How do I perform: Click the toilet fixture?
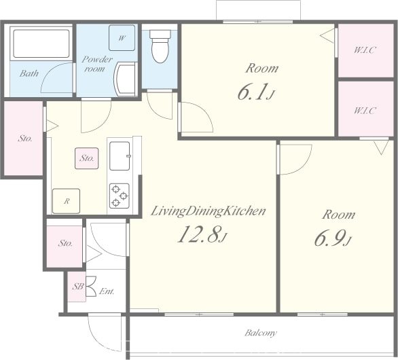[160, 46]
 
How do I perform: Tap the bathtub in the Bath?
[41, 43]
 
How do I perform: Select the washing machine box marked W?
[122, 38]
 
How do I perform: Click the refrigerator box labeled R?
[67, 201]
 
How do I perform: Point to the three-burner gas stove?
[120, 196]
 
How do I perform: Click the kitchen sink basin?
[120, 156]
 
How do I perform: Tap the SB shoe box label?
[78, 287]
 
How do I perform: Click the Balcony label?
[261, 333]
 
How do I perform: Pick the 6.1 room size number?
[255, 92]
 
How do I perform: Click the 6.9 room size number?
[333, 238]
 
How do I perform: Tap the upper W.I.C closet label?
[365, 50]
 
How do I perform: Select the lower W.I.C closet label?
[365, 111]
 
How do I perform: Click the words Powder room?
[97, 64]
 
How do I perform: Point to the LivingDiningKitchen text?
[208, 211]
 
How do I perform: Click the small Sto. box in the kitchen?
[86, 158]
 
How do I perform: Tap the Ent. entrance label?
[107, 291]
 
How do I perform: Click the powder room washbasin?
[125, 79]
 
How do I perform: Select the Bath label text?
[29, 73]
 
